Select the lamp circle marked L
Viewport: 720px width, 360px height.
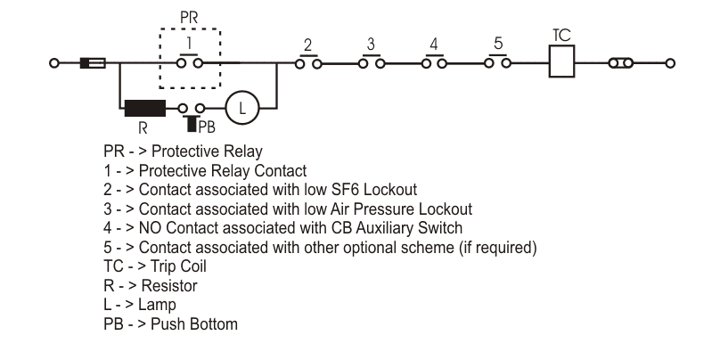(240, 108)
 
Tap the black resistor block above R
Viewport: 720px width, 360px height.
(144, 108)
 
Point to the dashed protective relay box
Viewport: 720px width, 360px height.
(190, 58)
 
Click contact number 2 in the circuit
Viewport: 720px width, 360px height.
(307, 62)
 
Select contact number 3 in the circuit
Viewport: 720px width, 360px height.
(371, 62)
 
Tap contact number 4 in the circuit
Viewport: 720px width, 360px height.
(434, 62)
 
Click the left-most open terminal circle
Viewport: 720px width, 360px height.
(54, 63)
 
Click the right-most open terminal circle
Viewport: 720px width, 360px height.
(670, 63)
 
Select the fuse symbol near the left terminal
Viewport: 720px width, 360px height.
(93, 63)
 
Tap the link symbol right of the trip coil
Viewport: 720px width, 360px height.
(620, 63)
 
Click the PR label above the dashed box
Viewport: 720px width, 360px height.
(190, 17)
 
